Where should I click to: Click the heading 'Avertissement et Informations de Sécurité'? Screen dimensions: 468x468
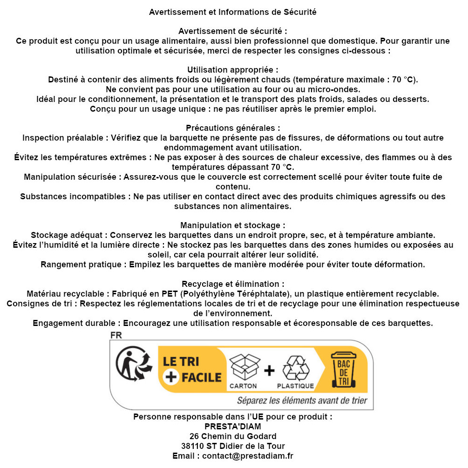click(233, 12)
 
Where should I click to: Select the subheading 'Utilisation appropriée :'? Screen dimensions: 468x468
click(233, 70)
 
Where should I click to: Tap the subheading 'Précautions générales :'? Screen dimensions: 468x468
click(233, 128)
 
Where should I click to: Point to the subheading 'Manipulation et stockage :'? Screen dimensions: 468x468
click(233, 225)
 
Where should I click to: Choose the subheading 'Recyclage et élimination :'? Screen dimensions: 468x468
click(233, 284)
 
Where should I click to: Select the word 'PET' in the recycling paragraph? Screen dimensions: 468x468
click(170, 294)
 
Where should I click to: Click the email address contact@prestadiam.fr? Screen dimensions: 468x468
click(248, 456)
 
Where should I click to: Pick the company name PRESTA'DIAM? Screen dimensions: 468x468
click(233, 427)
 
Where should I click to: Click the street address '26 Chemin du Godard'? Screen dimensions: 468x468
click(233, 436)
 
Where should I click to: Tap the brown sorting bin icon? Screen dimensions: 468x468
click(343, 370)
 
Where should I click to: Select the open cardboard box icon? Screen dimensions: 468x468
click(243, 367)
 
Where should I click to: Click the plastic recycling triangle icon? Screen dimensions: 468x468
click(296, 368)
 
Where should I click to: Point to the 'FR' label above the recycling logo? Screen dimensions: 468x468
click(116, 335)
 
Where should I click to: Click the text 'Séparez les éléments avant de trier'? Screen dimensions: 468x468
click(302, 400)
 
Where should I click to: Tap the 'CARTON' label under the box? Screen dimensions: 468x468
click(243, 386)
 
